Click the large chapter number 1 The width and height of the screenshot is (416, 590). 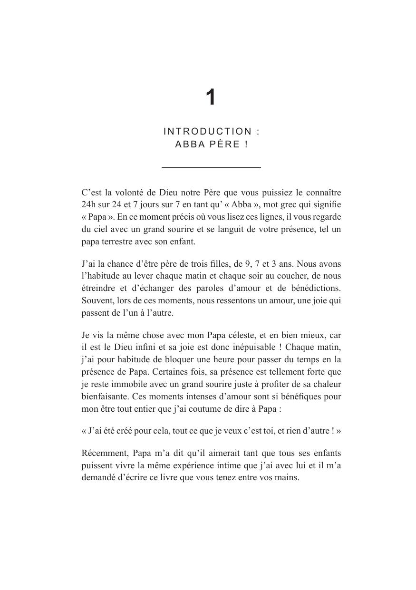(x=211, y=97)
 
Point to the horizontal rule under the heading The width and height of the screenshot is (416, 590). (x=211, y=167)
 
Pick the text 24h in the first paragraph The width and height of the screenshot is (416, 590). (x=88, y=205)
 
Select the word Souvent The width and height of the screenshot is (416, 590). (x=96, y=300)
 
